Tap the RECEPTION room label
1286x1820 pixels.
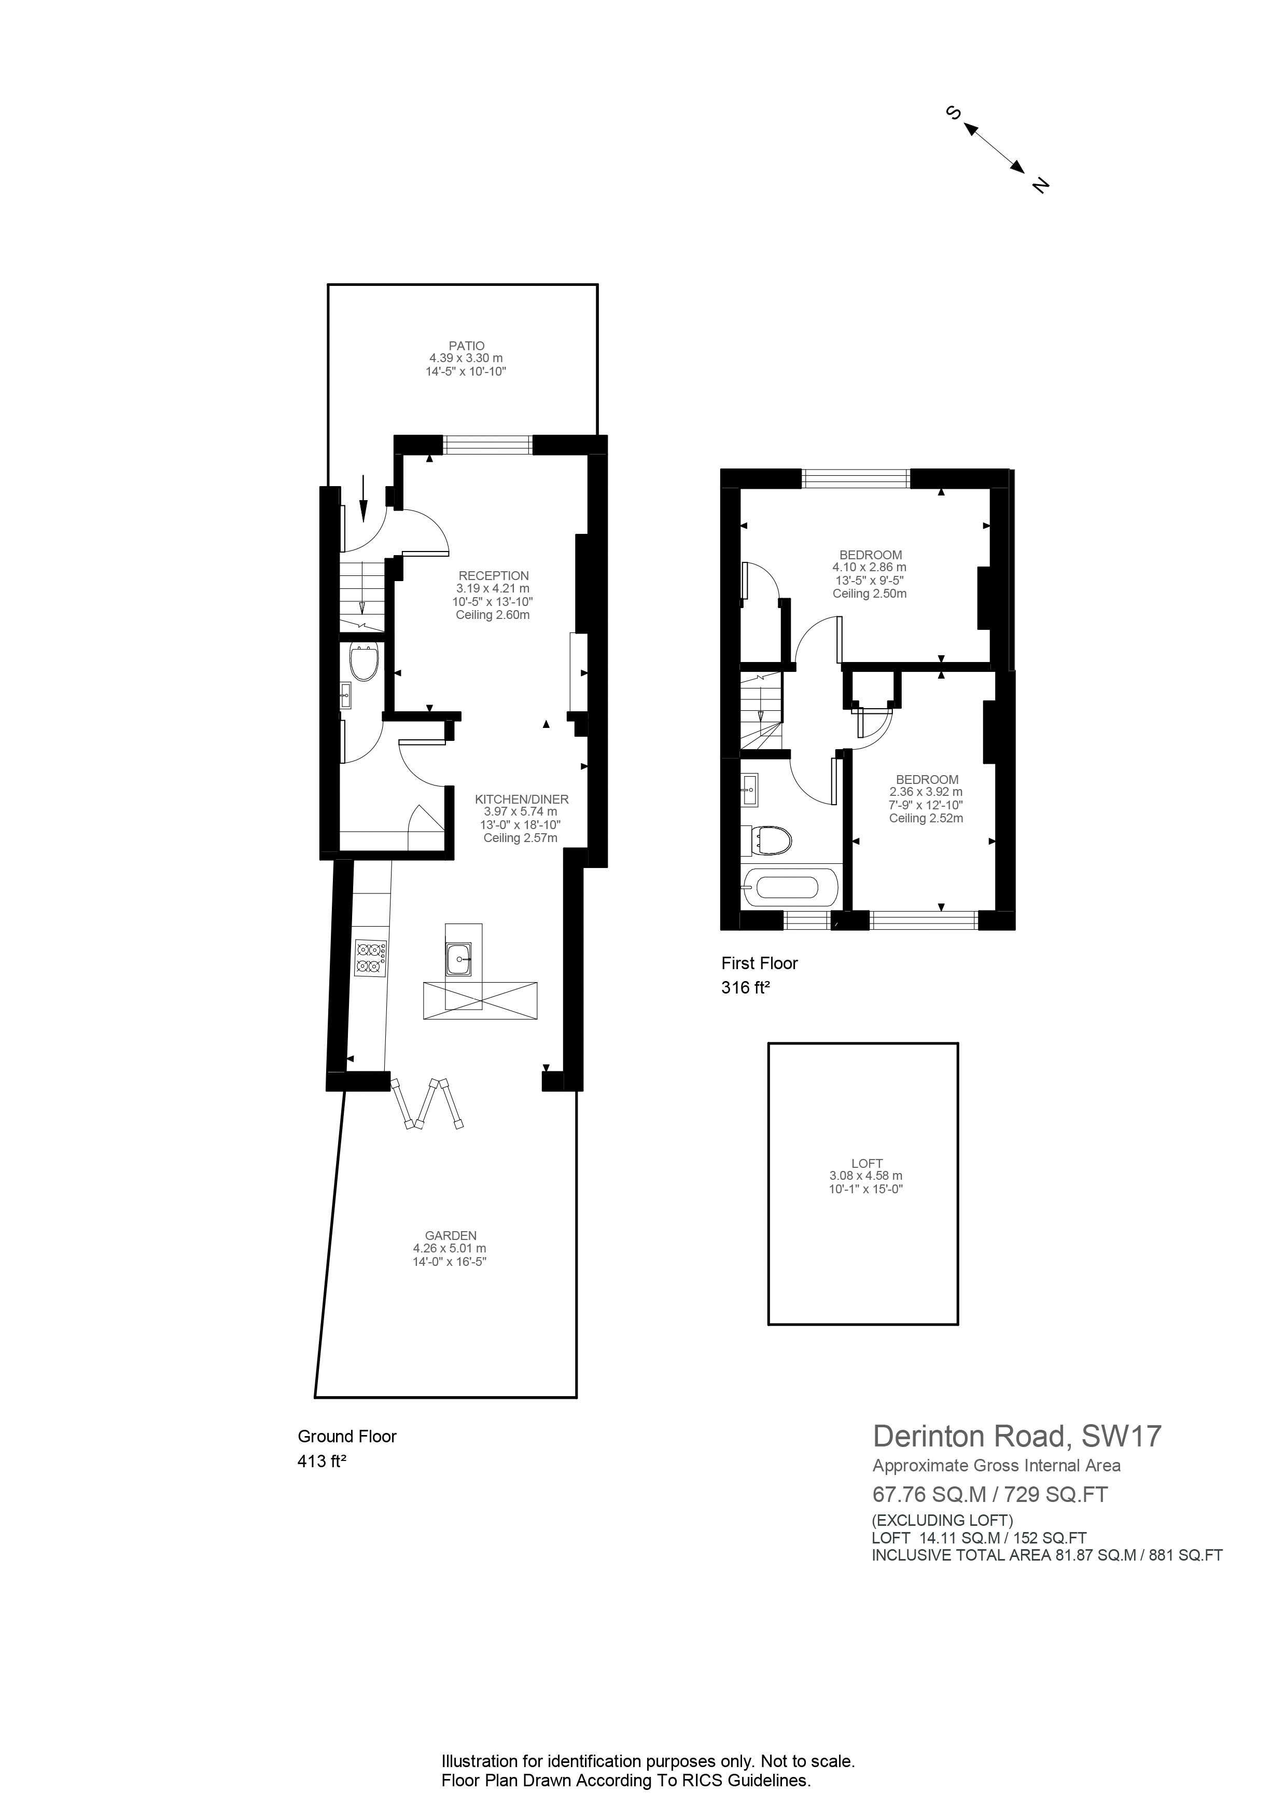(x=493, y=575)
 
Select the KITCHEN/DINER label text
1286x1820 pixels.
(x=521, y=799)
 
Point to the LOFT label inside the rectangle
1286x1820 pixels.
(x=866, y=1163)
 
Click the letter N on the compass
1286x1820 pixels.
(x=1040, y=186)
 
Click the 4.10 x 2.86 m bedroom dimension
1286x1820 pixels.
(x=869, y=568)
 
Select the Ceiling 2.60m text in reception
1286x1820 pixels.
(x=493, y=614)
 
